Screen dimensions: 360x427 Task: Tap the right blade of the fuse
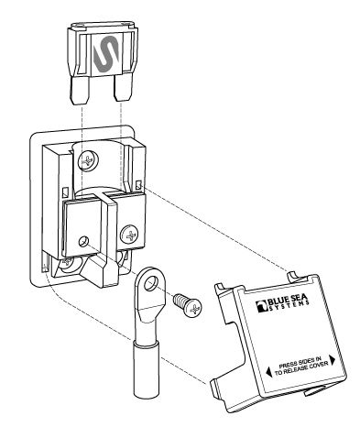tap(123, 88)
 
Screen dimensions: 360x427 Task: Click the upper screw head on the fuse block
tap(88, 160)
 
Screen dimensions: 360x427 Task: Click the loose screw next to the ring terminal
tap(188, 306)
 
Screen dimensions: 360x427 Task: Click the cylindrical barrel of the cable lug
tap(146, 368)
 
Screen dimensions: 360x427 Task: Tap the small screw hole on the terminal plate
tap(83, 241)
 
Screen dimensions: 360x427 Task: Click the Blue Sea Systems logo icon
tap(262, 307)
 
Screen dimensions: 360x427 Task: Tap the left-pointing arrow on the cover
tap(267, 372)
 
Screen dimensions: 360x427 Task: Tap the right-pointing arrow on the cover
tap(332, 359)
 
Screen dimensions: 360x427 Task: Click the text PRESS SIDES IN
tap(300, 362)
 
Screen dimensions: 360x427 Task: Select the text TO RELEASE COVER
tap(301, 368)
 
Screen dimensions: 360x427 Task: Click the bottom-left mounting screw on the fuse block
tap(67, 263)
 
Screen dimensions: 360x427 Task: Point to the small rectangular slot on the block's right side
tap(138, 185)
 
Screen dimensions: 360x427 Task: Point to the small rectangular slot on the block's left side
tap(65, 192)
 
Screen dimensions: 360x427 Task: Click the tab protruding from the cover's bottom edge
tap(313, 390)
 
